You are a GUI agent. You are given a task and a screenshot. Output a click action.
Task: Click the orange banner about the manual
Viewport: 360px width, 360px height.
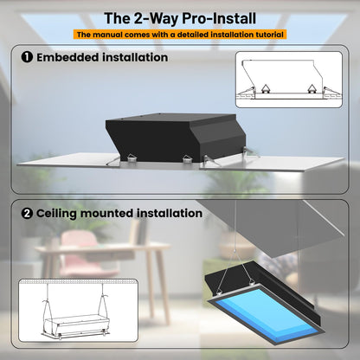click(x=180, y=35)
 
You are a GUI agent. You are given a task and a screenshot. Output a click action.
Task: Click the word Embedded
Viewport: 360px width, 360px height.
click(x=67, y=59)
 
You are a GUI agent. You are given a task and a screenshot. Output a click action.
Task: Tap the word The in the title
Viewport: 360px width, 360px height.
click(x=118, y=17)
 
